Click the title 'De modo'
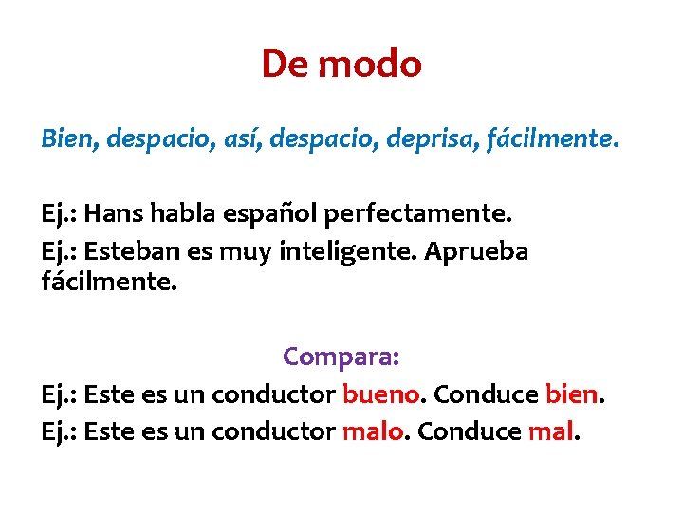pyautogui.click(x=341, y=64)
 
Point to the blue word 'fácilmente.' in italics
pyautogui.click(x=550, y=140)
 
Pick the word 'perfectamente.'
pyautogui.click(x=417, y=214)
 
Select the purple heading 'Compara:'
pyautogui.click(x=341, y=357)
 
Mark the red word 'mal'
pyautogui.click(x=550, y=431)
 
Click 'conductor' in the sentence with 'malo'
pyautogui.click(x=274, y=431)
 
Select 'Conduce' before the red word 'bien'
pyautogui.click(x=486, y=393)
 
